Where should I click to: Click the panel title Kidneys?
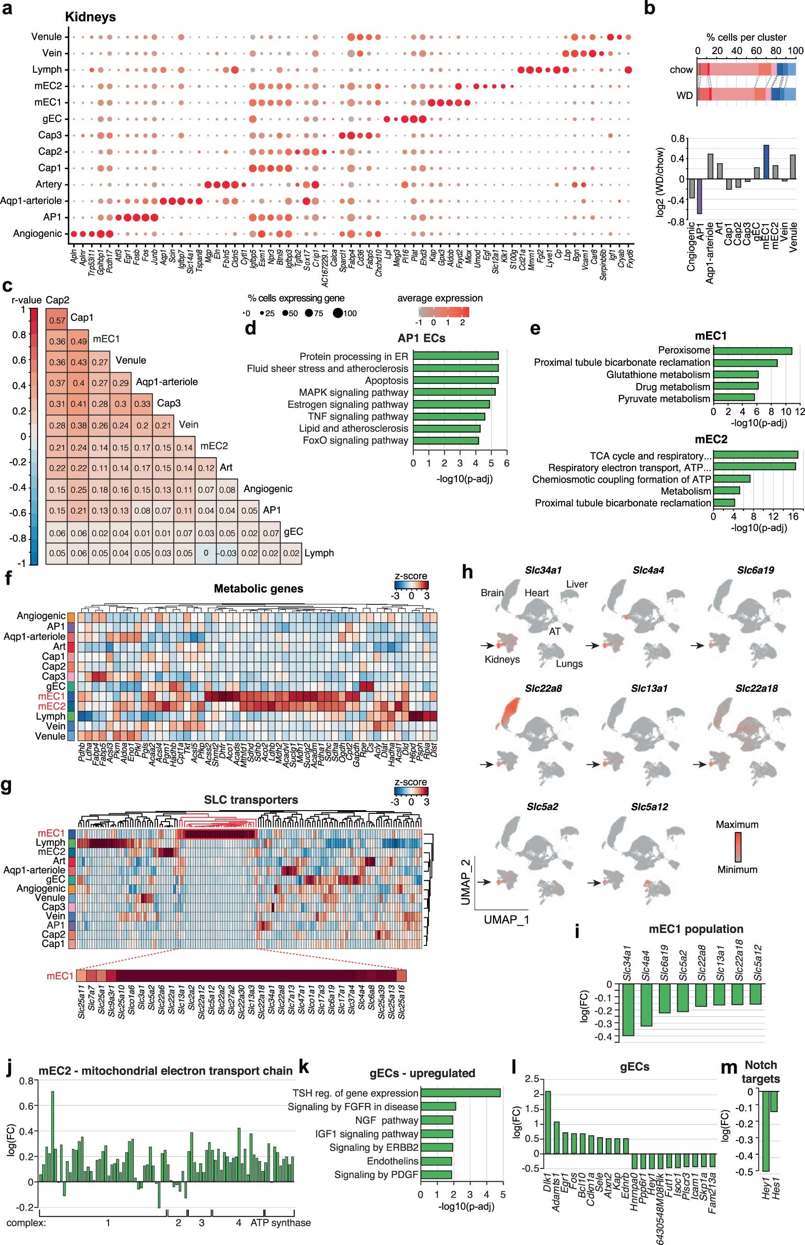tap(90, 17)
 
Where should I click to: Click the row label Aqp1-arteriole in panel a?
tap(31, 201)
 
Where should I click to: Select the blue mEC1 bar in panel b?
tap(766, 162)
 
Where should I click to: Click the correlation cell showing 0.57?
tap(57, 320)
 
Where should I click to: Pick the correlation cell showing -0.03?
tap(227, 553)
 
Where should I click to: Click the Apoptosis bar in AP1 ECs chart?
tap(455, 380)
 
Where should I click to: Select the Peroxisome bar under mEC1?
tap(752, 351)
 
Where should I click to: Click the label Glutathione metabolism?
tap(657, 375)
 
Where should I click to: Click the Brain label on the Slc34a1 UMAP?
tap(492, 592)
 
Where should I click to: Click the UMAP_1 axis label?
tap(506, 919)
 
